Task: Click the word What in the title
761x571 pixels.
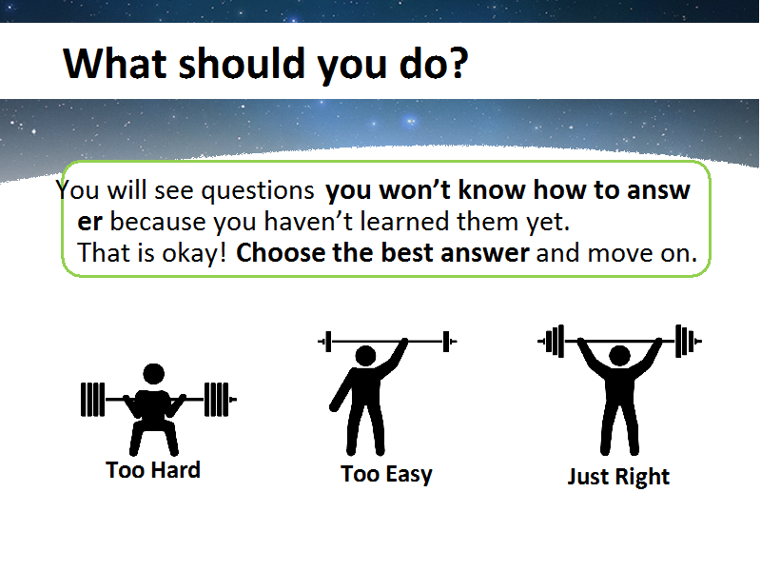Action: pyautogui.click(x=115, y=63)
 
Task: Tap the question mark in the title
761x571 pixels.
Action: pyautogui.click(x=458, y=63)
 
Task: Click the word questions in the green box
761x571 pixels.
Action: pyautogui.click(x=258, y=191)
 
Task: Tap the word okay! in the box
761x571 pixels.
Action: pyautogui.click(x=194, y=253)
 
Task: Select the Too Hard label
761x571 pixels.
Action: pyautogui.click(x=153, y=470)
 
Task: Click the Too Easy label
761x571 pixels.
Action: pyautogui.click(x=386, y=474)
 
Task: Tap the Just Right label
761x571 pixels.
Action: pyautogui.click(x=618, y=477)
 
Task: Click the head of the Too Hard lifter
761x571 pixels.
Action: pyautogui.click(x=154, y=374)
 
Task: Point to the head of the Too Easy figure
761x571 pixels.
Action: pyautogui.click(x=365, y=356)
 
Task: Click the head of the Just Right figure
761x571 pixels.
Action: pyautogui.click(x=620, y=356)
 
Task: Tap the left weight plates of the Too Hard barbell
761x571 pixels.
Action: pyautogui.click(x=92, y=400)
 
